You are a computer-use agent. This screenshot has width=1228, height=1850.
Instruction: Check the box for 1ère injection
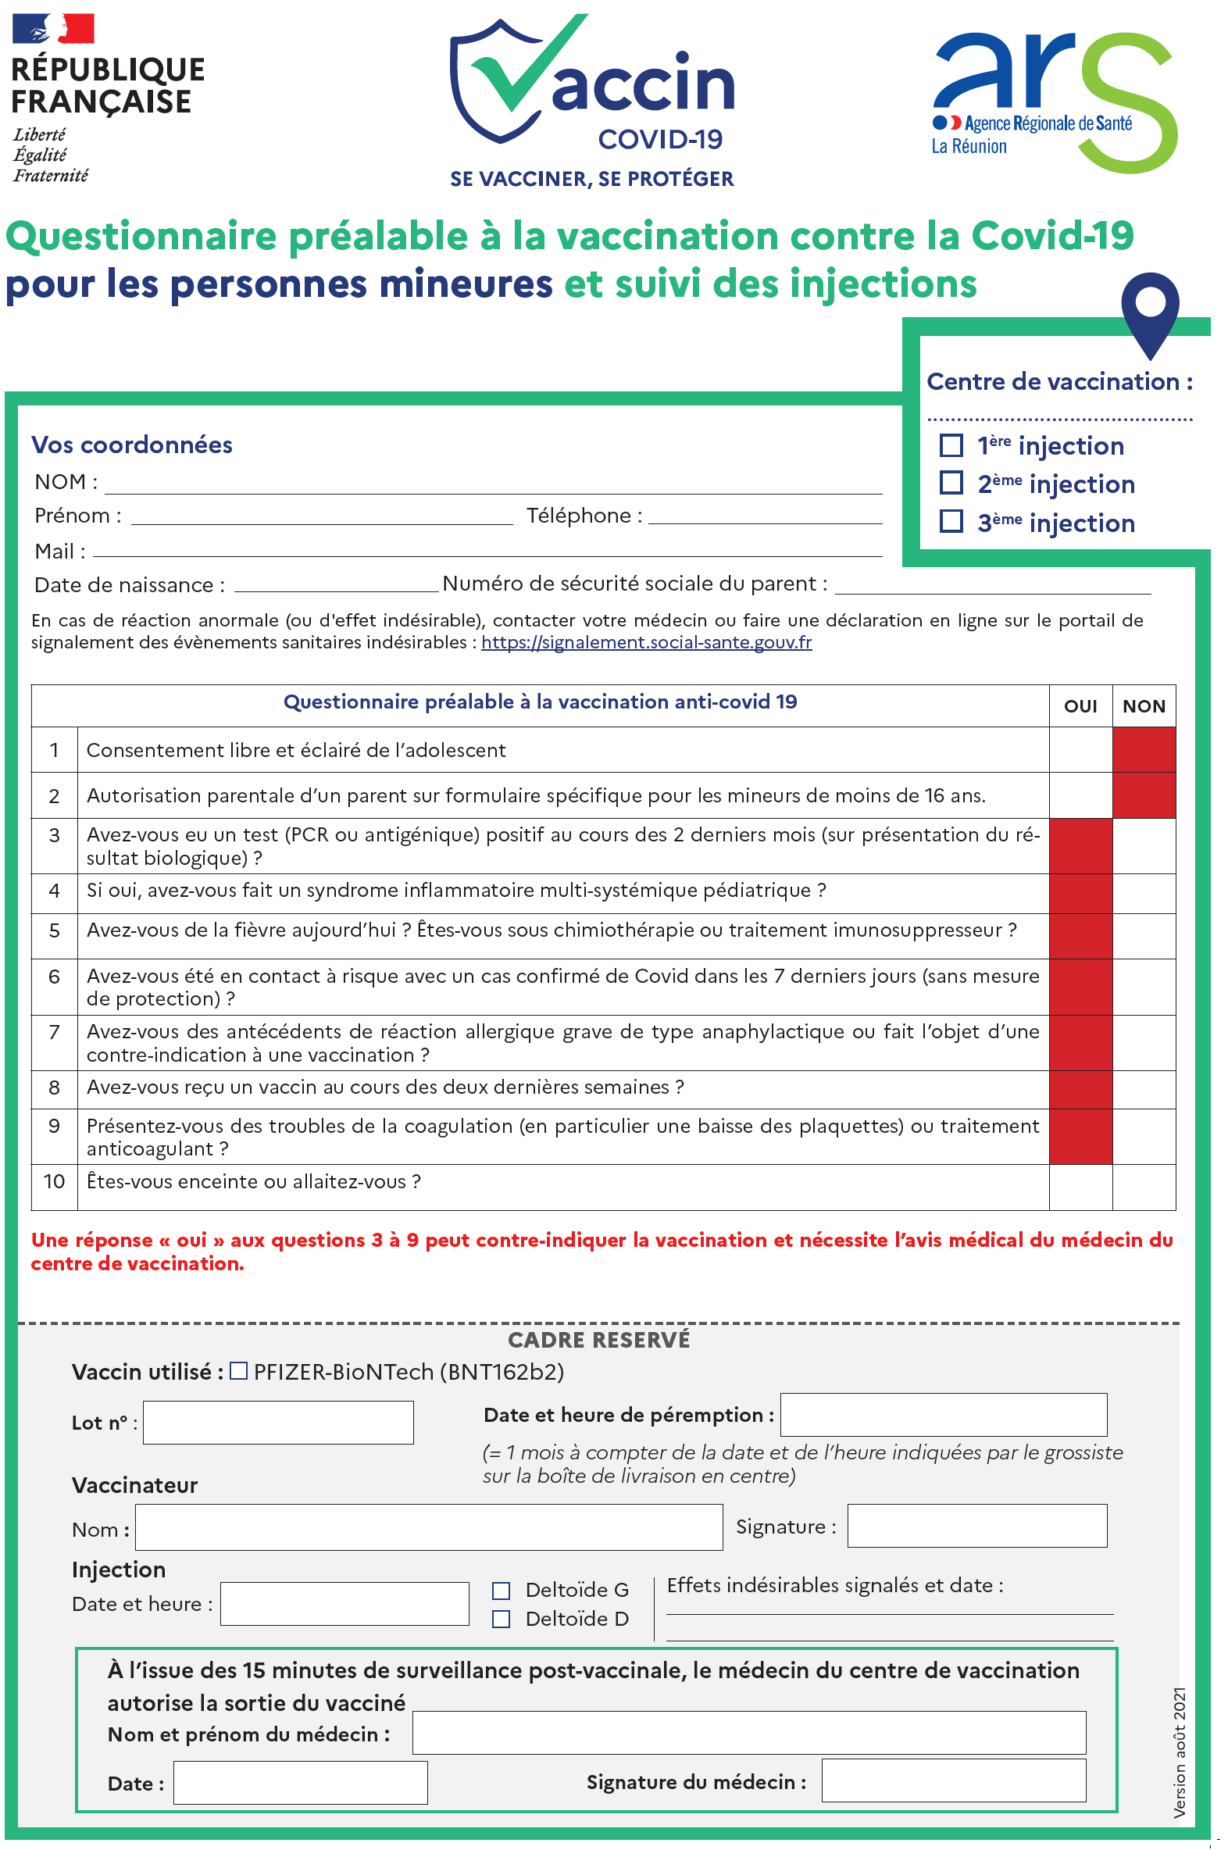tap(951, 445)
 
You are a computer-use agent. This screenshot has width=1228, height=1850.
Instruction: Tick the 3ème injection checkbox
tap(951, 521)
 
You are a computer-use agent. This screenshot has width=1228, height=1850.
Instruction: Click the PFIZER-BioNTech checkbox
tap(239, 1370)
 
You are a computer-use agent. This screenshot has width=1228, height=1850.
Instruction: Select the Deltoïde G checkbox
tap(501, 1590)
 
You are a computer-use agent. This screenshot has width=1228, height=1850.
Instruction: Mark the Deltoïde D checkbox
tap(501, 1619)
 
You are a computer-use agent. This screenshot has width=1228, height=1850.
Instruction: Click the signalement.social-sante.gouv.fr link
tap(646, 642)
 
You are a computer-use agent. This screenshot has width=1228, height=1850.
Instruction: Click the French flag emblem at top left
tap(53, 28)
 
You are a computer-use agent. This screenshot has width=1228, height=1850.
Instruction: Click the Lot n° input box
tap(278, 1423)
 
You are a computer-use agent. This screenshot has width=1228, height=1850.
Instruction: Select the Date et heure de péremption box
tap(943, 1415)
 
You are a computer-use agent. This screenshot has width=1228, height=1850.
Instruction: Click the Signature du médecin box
tap(953, 1780)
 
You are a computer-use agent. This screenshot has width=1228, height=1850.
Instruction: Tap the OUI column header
tap(1080, 706)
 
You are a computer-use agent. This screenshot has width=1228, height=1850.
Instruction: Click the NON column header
tap(1144, 706)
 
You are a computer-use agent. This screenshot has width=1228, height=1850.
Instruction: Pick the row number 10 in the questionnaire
tap(54, 1181)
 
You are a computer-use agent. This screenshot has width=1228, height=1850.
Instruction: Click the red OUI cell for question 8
tap(1080, 1089)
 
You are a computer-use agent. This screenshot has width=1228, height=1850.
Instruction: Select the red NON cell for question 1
tap(1144, 749)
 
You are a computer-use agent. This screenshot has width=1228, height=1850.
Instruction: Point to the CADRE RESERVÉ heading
tap(599, 1340)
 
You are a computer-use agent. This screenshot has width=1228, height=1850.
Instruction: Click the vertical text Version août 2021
tap(1180, 1752)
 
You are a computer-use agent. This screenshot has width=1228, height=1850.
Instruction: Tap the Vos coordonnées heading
tap(131, 445)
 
